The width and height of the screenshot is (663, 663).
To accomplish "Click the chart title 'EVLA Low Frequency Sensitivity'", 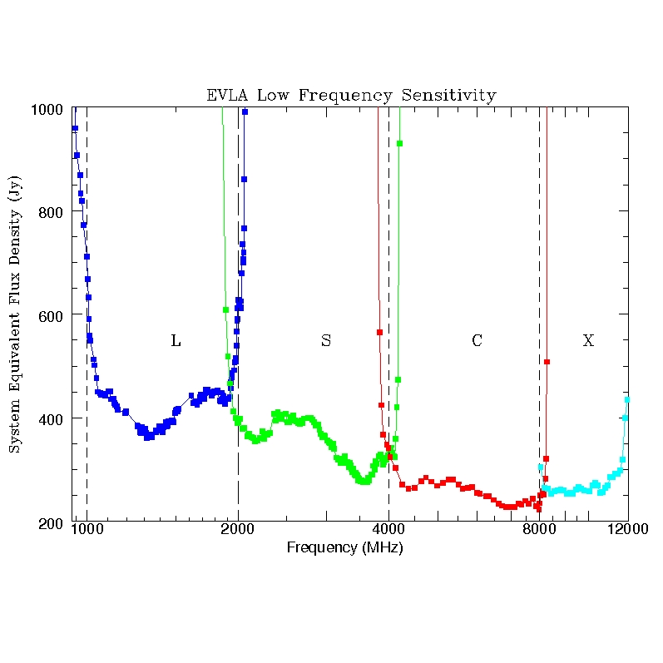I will pos(351,96).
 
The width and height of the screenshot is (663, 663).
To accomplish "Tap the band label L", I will pos(176,340).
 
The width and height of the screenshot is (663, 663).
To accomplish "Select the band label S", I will pos(326,340).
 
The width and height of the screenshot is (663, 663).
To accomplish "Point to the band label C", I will pos(477,340).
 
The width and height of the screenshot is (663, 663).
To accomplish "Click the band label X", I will pos(588,340).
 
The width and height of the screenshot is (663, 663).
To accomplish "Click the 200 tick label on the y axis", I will pos(56,522).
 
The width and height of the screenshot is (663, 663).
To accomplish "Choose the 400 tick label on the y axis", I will pos(56,418).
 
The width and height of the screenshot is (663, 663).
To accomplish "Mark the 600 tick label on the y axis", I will pos(56,315).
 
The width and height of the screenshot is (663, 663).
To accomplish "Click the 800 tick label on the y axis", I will pos(56,212).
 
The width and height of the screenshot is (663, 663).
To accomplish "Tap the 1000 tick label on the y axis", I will pos(52,110).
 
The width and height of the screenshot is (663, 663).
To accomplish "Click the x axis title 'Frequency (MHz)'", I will pos(344,548).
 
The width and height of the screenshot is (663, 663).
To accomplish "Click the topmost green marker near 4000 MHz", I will pos(400,144).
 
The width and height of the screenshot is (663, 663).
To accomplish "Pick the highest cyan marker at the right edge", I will pos(627,400).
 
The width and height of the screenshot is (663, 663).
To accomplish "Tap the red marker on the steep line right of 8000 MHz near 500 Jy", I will pos(547,361).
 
